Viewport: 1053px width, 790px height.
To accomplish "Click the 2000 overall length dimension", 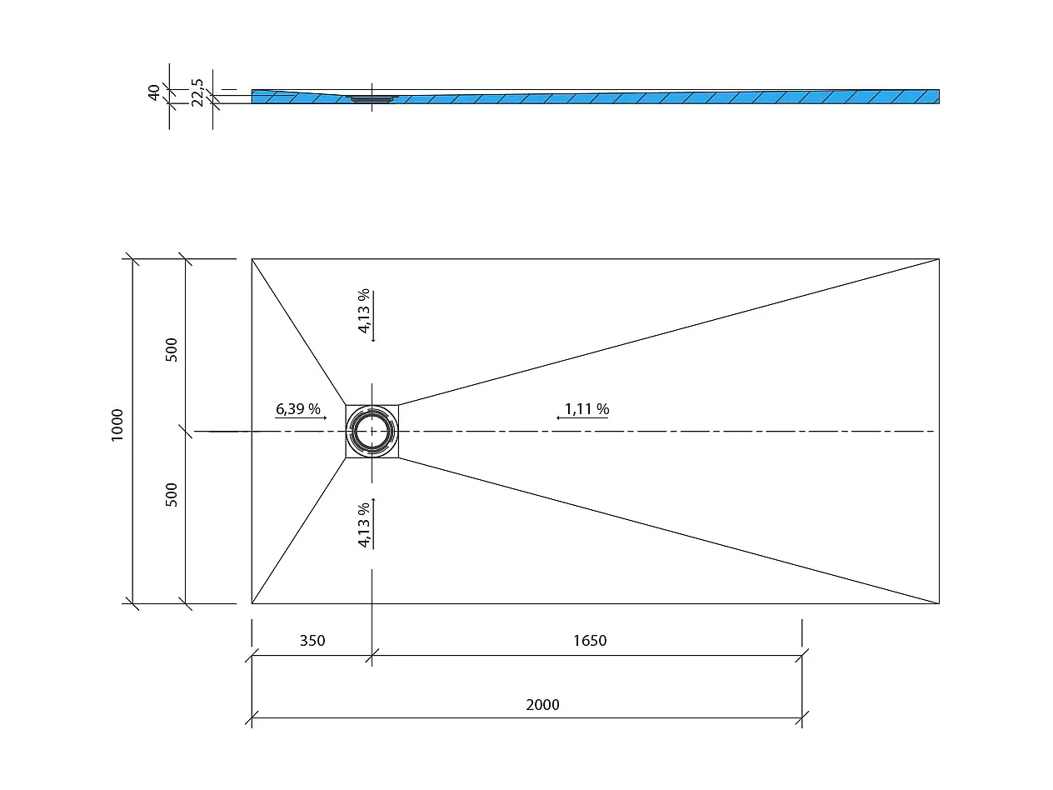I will pyautogui.click(x=542, y=705).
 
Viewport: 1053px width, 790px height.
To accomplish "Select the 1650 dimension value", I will pyautogui.click(x=590, y=641).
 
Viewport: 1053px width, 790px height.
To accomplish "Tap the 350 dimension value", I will pyautogui.click(x=312, y=641).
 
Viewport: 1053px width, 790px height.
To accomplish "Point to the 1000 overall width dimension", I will pyautogui.click(x=117, y=425).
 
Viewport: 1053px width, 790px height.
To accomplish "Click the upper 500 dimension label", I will pyautogui.click(x=172, y=349).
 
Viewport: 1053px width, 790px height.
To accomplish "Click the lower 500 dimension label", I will pyautogui.click(x=172, y=494).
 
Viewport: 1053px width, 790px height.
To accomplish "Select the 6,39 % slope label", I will pyautogui.click(x=298, y=409).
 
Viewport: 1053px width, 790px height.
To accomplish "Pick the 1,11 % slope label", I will pyautogui.click(x=586, y=409).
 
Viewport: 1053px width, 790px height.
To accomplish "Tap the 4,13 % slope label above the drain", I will pyautogui.click(x=363, y=312).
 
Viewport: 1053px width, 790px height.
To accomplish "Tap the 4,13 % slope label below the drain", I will pyautogui.click(x=363, y=526).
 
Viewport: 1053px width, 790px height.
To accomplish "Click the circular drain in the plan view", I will pyautogui.click(x=372, y=431).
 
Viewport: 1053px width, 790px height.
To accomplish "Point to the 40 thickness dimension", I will pyautogui.click(x=154, y=92).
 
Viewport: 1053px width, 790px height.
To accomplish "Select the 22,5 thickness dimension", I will pyautogui.click(x=197, y=92).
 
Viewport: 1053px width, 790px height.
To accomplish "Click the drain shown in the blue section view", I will pyautogui.click(x=372, y=98).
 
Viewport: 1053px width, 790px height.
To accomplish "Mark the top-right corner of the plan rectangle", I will pyautogui.click(x=939, y=259).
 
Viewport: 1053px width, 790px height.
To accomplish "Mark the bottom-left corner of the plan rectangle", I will pyautogui.click(x=252, y=602).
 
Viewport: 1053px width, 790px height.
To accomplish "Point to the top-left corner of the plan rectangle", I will pyautogui.click(x=252, y=259).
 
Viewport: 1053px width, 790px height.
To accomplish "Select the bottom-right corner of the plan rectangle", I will pyautogui.click(x=939, y=602).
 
